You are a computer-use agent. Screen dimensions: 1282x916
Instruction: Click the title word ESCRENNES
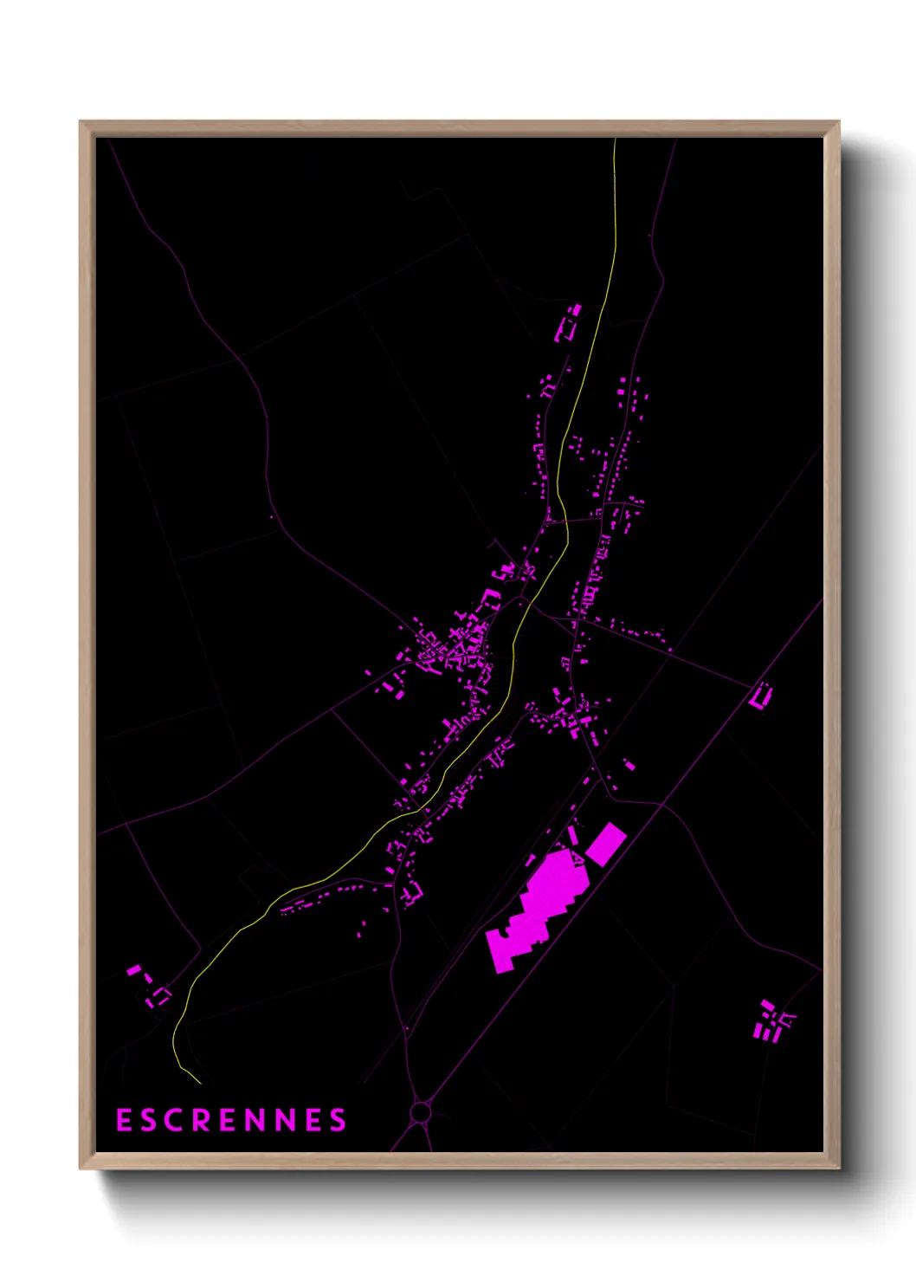[x=231, y=1120]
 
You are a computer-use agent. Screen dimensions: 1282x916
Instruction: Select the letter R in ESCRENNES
[x=202, y=1120]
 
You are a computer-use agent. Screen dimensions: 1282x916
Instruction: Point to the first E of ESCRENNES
[x=124, y=1120]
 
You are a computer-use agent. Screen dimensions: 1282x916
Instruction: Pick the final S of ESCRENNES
[x=338, y=1120]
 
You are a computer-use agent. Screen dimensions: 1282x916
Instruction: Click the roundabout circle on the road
[x=421, y=1111]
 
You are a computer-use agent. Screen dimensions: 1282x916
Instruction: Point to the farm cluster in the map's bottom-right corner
[x=772, y=1022]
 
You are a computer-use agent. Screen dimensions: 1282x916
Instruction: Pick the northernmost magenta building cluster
[x=568, y=323]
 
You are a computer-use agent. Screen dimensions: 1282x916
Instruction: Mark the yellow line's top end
[x=615, y=140]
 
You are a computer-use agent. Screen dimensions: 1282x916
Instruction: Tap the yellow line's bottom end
[x=200, y=1083]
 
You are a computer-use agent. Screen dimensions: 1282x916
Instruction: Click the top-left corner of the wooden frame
[x=81, y=122]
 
